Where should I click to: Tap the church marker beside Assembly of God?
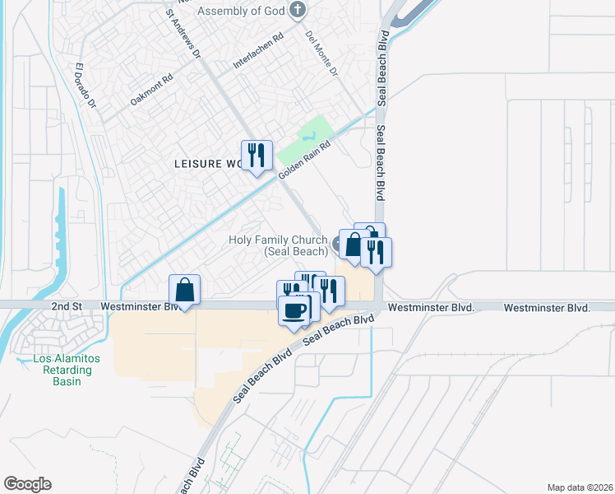[x=298, y=11]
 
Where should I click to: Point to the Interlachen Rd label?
[x=257, y=51]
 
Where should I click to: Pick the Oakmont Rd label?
[x=151, y=91]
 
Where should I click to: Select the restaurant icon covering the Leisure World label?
[x=257, y=155]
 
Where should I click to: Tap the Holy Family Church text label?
[x=277, y=245]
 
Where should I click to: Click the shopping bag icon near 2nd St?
[x=185, y=290]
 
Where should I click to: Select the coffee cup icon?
[x=295, y=310]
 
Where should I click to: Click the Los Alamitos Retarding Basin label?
[x=66, y=370]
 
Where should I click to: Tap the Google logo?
[x=27, y=484]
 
